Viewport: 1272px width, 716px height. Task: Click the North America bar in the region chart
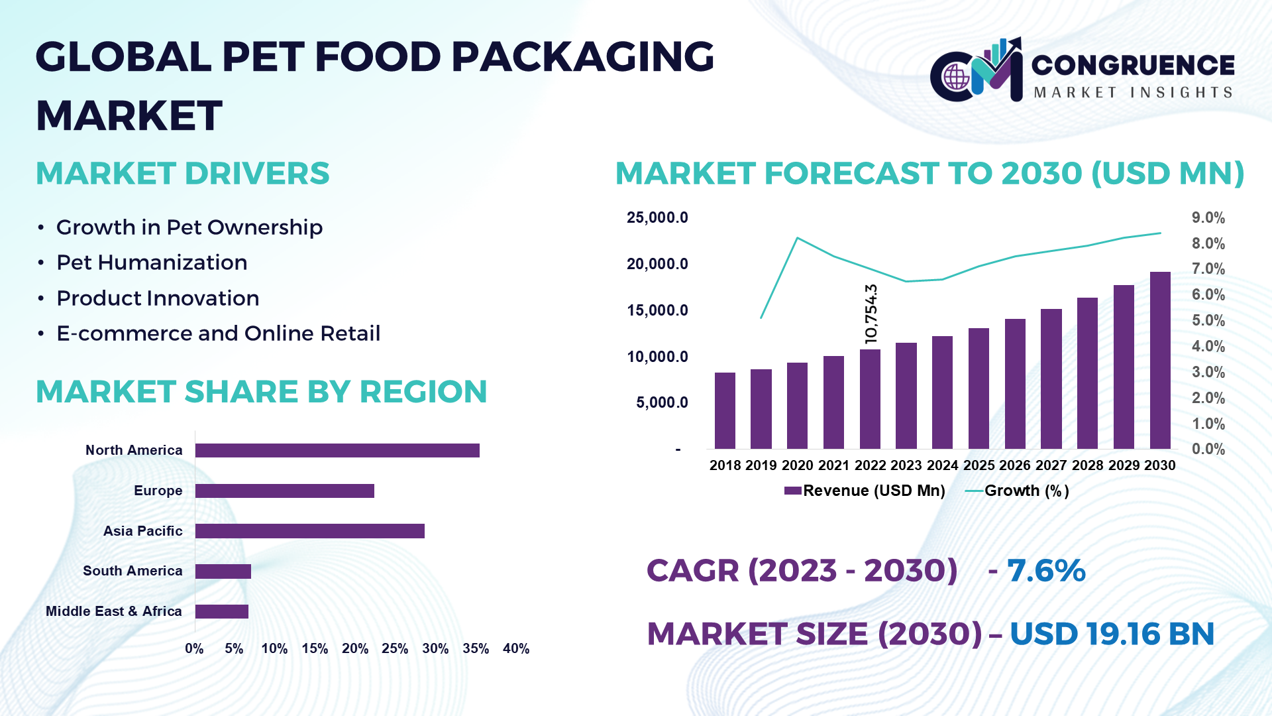(x=337, y=451)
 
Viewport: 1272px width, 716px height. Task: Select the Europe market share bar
(x=285, y=491)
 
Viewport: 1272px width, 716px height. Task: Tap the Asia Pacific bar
(x=310, y=531)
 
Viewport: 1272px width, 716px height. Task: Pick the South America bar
(x=223, y=571)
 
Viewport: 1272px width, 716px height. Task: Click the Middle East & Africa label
(x=114, y=611)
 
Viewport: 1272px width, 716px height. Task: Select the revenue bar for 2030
(x=1160, y=361)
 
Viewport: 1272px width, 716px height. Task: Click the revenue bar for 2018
(x=725, y=411)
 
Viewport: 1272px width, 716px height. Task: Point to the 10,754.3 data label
(x=871, y=314)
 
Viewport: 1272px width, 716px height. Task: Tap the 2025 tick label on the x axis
(x=979, y=465)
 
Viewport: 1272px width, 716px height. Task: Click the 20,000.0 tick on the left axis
(x=657, y=264)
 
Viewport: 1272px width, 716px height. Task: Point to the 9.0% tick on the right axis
(x=1208, y=218)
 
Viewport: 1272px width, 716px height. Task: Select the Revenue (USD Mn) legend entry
(x=865, y=491)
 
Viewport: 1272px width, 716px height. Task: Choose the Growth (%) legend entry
(x=1018, y=491)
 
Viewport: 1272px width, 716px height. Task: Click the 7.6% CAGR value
(x=1046, y=571)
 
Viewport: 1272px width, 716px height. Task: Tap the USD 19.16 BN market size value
(x=1112, y=634)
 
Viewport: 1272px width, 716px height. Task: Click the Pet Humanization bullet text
(x=152, y=263)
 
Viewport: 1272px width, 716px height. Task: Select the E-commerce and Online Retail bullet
(x=218, y=333)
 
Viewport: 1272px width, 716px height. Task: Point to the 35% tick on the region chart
(x=476, y=649)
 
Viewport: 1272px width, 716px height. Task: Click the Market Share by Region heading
(x=261, y=392)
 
